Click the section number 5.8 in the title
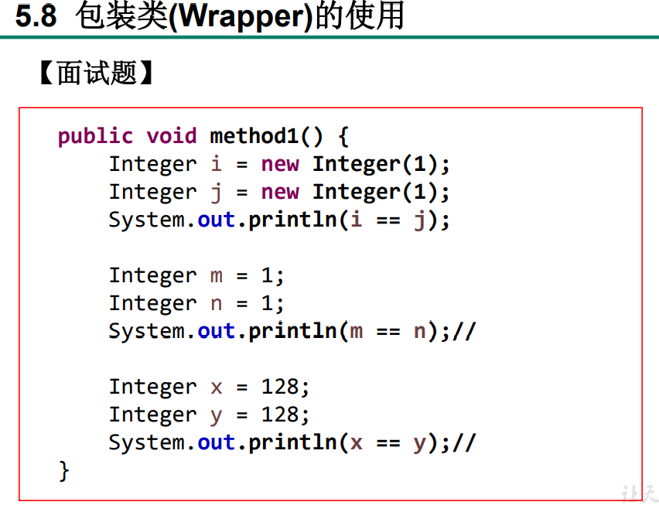point(36,16)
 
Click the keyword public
point(95,137)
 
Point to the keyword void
point(172,137)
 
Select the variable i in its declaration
point(216,165)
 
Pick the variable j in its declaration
point(216,193)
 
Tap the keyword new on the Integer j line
point(280,193)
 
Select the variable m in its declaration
point(216,276)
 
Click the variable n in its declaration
point(216,304)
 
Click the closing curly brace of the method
point(64,470)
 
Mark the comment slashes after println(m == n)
point(464,332)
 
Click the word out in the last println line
point(216,443)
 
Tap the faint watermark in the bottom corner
point(639,493)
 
